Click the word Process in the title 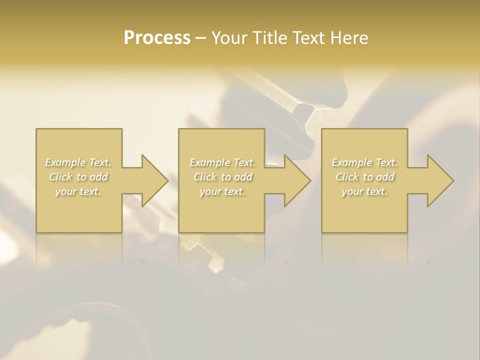pos(157,38)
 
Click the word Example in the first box pos(65,162)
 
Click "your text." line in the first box pos(78,191)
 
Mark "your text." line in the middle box pos(222,191)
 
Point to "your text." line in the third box pos(364,191)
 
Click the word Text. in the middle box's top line pos(244,162)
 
